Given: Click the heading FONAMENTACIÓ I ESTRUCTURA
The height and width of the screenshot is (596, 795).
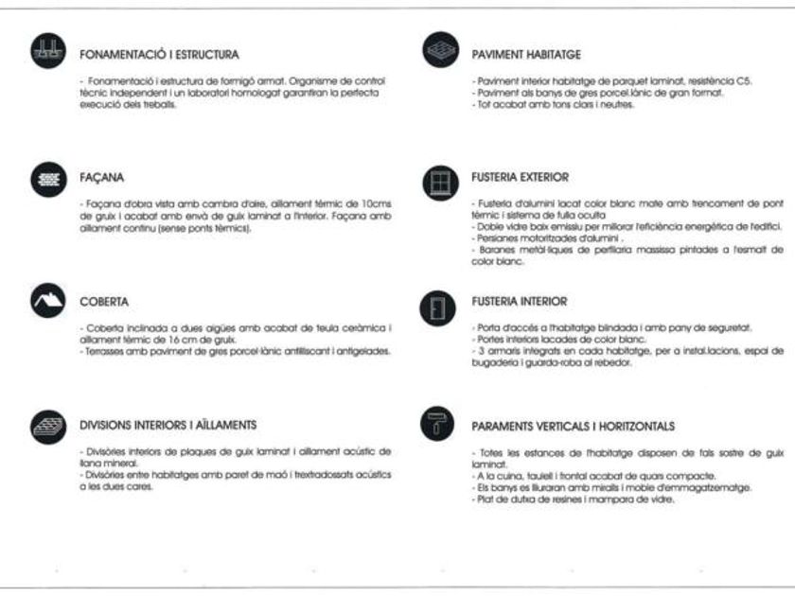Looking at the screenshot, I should (x=159, y=55).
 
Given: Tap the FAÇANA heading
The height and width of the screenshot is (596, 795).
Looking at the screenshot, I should (x=101, y=177).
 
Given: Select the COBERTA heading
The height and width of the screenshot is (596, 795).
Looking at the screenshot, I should (x=104, y=302).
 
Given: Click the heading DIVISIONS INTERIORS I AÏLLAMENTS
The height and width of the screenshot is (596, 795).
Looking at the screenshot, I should (x=168, y=425).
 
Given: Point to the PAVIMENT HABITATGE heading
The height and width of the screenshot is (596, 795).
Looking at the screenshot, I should (x=525, y=55).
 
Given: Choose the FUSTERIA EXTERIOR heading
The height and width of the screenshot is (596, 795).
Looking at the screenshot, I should (x=520, y=177).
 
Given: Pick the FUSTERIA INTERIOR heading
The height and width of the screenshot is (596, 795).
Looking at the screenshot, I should (x=519, y=302).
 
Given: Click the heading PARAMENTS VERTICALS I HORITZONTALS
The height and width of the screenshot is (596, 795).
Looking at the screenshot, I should (x=573, y=427).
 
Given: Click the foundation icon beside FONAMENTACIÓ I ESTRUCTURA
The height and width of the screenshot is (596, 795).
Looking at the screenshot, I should (x=46, y=52).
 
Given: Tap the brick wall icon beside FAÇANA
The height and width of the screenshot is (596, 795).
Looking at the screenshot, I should (x=46, y=179).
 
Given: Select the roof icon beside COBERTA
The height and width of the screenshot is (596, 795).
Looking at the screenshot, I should (x=46, y=302).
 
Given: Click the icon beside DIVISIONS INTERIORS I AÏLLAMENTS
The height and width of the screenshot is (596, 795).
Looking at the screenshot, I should (x=46, y=426).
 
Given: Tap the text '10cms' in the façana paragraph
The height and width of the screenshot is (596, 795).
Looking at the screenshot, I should (x=378, y=204).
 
